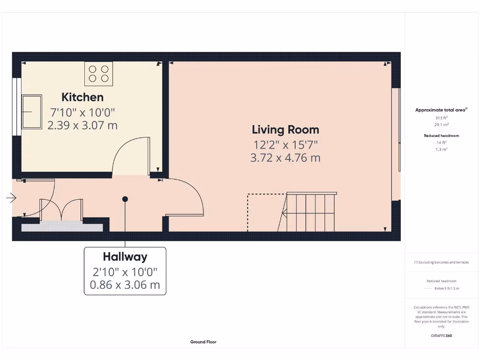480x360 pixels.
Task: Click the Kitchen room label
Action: (x=82, y=97)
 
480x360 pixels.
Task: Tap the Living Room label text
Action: (x=285, y=130)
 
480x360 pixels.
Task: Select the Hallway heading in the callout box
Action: (x=125, y=257)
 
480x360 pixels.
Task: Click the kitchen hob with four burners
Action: (x=98, y=74)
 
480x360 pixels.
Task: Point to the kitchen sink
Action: (x=32, y=112)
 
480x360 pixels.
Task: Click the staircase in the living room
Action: (x=309, y=212)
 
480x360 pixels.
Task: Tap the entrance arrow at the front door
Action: (x=11, y=198)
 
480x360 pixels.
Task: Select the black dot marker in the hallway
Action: (x=125, y=199)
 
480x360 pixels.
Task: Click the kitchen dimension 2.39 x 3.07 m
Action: (x=82, y=126)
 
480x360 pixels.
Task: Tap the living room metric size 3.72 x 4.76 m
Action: (x=285, y=158)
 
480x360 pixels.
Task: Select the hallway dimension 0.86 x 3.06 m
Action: (x=125, y=285)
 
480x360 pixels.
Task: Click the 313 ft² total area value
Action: (x=441, y=118)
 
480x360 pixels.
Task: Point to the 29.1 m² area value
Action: (x=441, y=125)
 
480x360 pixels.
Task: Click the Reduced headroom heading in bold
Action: (x=441, y=135)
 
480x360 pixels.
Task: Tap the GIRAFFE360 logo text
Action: (x=441, y=336)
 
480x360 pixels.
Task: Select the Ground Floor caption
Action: (x=203, y=342)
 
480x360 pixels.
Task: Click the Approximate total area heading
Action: (x=441, y=110)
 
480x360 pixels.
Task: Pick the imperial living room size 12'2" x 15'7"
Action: (x=285, y=145)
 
